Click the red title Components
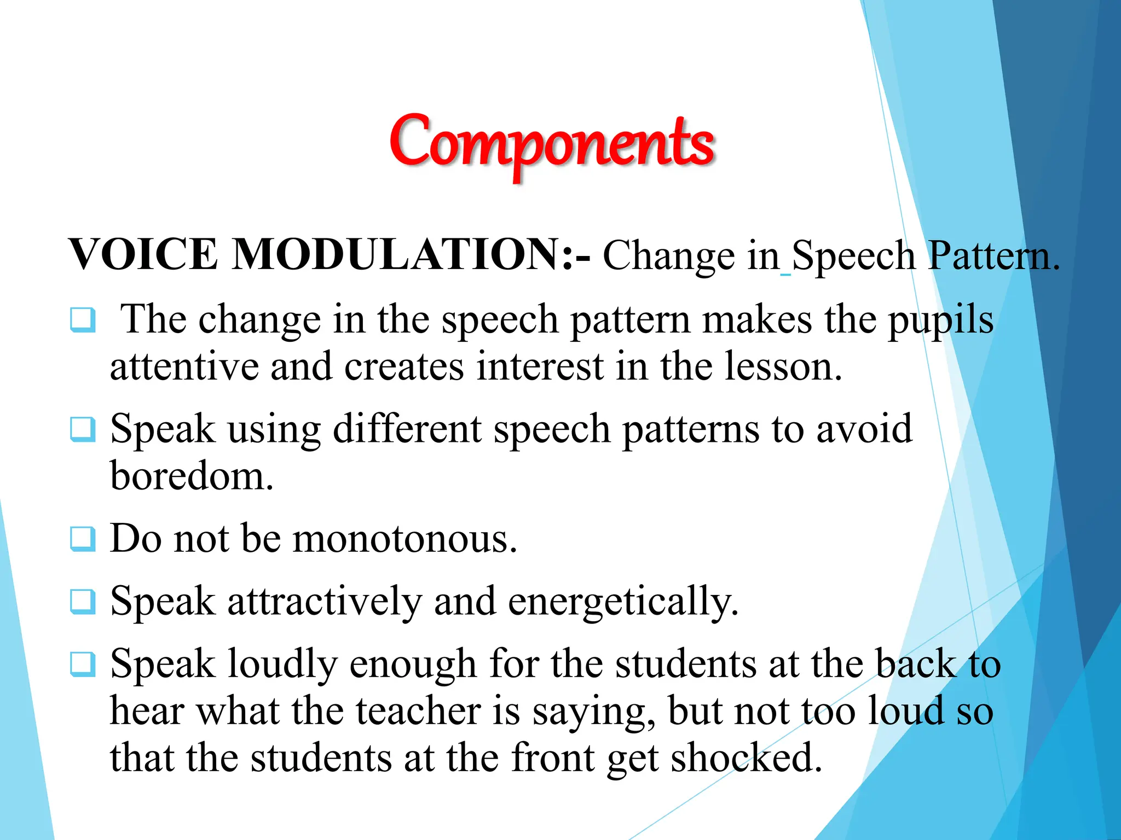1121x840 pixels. coord(552,143)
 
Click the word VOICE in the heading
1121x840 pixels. coord(143,255)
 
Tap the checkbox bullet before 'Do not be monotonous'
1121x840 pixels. coord(83,539)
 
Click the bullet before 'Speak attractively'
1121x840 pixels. coord(83,602)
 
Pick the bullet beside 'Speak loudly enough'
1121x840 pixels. coord(83,664)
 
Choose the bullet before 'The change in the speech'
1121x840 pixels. coord(83,320)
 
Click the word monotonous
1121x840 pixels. coord(405,539)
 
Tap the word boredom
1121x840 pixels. coord(192,476)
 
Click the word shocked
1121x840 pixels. coord(747,758)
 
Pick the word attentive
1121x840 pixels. coord(184,366)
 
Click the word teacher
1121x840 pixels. coord(418,711)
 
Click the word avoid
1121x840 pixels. coord(864,429)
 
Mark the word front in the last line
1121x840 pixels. coord(553,758)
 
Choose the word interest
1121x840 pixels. coord(540,366)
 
